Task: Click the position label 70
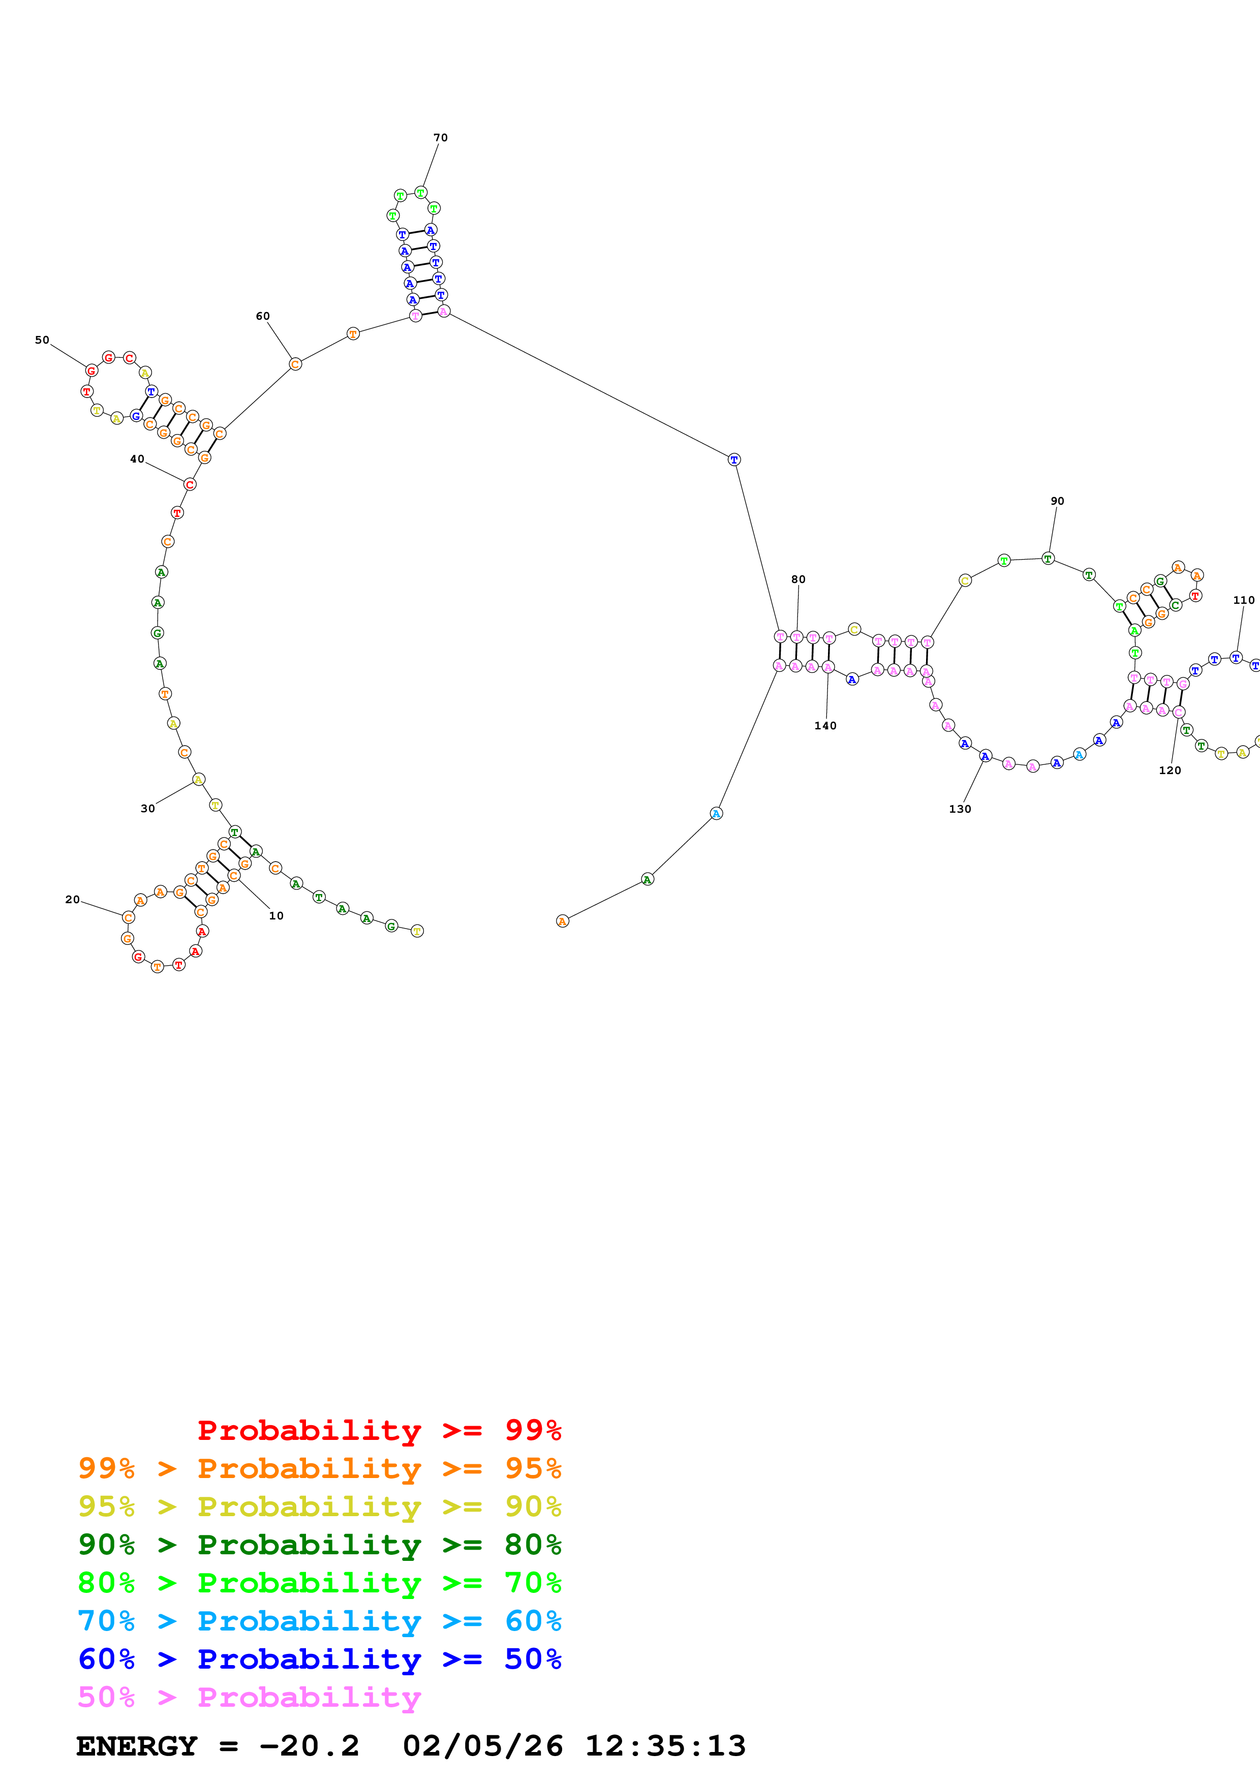[x=440, y=137]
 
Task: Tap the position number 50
[x=42, y=340]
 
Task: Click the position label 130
[x=960, y=809]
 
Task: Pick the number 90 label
[x=1057, y=501]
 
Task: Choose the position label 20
[x=72, y=899]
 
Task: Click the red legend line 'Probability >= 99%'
[x=379, y=1430]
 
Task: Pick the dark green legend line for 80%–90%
[x=319, y=1545]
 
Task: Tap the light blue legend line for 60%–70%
[x=319, y=1621]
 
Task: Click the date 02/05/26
[x=483, y=1746]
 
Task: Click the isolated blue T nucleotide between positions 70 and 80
[x=733, y=460]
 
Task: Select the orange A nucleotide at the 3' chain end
[x=563, y=921]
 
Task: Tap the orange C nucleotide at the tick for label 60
[x=295, y=364]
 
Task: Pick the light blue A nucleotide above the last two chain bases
[x=716, y=813]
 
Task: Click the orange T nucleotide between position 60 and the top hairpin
[x=353, y=334]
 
